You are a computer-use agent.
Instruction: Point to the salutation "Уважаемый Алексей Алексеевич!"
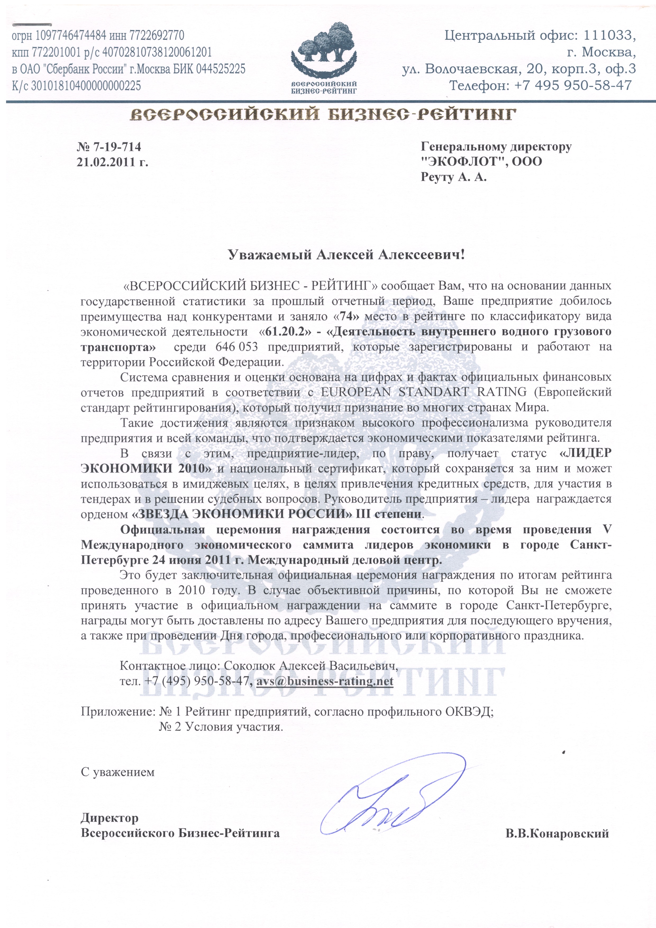[347, 255]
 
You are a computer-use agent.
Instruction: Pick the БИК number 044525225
[221, 69]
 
